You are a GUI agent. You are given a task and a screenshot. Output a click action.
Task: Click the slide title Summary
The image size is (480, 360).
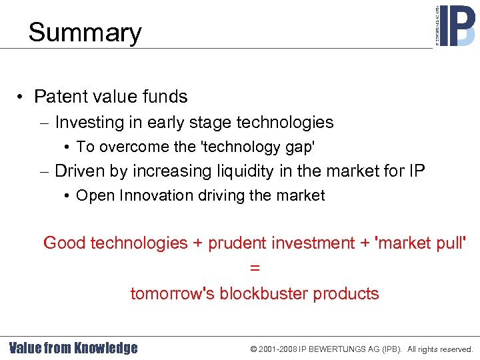(x=85, y=33)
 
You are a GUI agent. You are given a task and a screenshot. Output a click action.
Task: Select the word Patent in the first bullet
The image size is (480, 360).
(x=59, y=97)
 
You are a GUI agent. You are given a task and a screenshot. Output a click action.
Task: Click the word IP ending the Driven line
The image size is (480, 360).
(x=414, y=171)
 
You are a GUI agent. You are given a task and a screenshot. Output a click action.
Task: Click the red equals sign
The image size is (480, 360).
(x=254, y=268)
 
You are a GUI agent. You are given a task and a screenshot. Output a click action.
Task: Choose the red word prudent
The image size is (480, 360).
(x=237, y=243)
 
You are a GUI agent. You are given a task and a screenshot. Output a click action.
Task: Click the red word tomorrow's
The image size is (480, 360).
(x=172, y=294)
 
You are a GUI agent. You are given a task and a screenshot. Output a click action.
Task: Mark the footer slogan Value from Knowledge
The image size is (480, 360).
(x=73, y=348)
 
